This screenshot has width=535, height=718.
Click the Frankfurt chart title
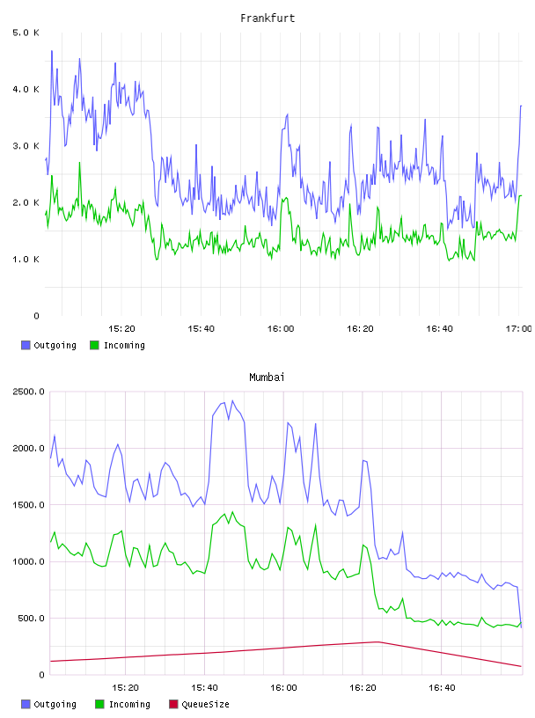point(267,18)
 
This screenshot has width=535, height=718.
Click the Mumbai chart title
point(267,377)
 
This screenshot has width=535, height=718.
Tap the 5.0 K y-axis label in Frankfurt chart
point(26,33)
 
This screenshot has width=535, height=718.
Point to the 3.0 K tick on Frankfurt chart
point(26,146)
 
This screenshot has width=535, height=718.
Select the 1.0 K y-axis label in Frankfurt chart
point(26,260)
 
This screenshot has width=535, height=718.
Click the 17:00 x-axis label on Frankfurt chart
point(519,328)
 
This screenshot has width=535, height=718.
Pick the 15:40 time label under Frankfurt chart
point(202,328)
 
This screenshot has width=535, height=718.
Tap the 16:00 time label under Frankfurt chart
point(281,328)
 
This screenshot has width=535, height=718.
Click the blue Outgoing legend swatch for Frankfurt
point(26,345)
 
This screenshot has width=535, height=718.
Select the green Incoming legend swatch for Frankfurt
point(94,345)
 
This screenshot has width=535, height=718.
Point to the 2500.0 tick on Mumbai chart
point(28,392)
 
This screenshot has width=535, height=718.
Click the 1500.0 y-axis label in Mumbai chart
point(28,504)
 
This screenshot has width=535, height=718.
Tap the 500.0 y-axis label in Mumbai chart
point(31,619)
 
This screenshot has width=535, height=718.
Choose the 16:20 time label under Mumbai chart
point(363,687)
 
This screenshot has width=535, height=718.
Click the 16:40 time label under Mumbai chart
point(442,687)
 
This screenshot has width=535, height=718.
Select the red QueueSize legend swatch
point(173,704)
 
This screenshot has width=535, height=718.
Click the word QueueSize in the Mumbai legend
point(205,704)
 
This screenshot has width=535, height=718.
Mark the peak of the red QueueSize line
point(377,642)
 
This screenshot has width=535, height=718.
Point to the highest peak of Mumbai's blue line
point(232,400)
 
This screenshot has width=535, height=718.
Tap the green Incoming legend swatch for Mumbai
point(99,704)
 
